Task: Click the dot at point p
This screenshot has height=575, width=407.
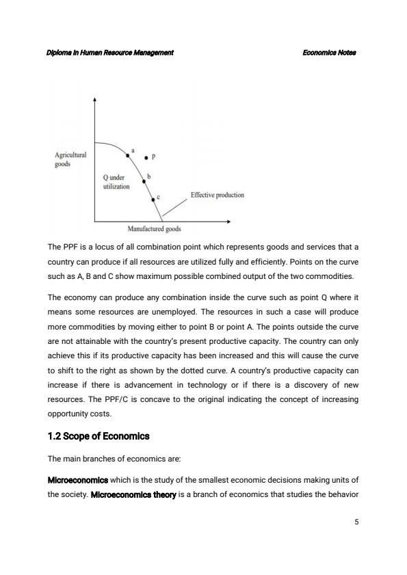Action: (146, 157)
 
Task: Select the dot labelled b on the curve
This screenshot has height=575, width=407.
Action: (144, 182)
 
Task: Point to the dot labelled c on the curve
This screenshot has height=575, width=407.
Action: (153, 199)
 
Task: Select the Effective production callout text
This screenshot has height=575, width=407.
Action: (217, 195)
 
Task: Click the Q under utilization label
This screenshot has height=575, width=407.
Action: (114, 182)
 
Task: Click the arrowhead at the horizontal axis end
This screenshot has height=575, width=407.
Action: (228, 222)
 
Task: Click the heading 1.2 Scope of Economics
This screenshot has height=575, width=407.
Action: (99, 436)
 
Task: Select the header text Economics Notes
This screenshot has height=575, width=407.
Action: (329, 53)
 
